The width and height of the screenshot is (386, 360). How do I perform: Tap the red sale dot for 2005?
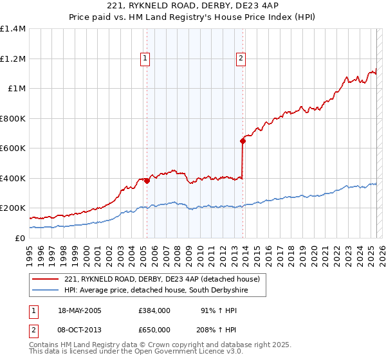[x=147, y=181]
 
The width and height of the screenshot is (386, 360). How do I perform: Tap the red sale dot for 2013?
[x=243, y=141]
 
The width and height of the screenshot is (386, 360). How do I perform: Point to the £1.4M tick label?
[x=13, y=29]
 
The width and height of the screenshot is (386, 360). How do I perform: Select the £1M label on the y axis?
[x=16, y=89]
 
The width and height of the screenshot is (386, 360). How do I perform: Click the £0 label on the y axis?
[x=20, y=238]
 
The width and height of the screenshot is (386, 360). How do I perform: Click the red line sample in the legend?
[x=45, y=279]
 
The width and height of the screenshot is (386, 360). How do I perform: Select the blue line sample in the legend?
[x=45, y=291]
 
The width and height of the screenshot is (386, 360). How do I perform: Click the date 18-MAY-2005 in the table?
[x=80, y=310]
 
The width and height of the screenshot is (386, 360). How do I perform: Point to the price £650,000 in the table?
[x=154, y=330]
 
